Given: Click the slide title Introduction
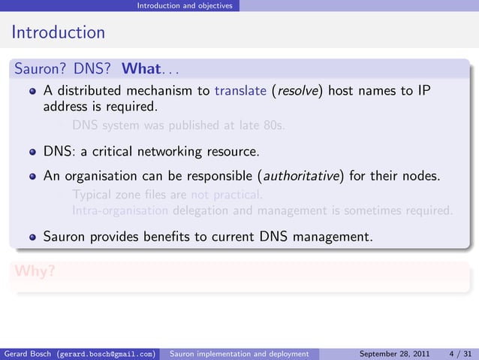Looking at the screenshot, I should coord(57,33).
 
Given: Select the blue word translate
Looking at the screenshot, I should coord(239,92).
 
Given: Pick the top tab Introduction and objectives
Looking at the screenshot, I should coord(184,5).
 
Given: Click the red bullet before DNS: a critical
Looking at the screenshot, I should coord(32,153).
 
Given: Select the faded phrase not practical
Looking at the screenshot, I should coord(227,196).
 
